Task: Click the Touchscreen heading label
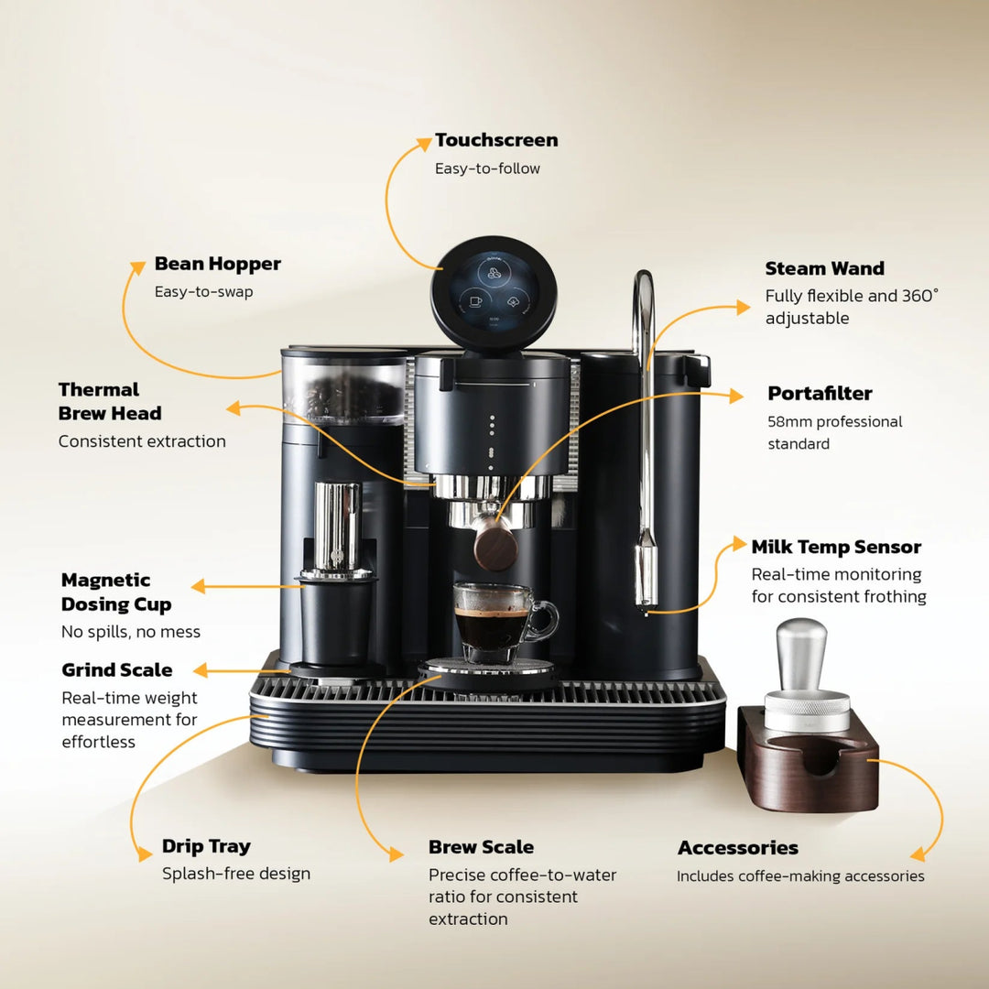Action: tap(496, 140)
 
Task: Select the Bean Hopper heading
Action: tap(217, 264)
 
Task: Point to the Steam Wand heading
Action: tap(824, 268)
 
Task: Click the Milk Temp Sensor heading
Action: tap(836, 547)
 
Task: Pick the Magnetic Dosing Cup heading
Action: tap(116, 592)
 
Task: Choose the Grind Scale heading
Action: tap(116, 669)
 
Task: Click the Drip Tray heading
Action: tap(206, 846)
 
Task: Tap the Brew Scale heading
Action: tap(481, 847)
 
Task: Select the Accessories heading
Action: tap(737, 848)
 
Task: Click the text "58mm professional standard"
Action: tap(834, 432)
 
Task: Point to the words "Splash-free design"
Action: tap(236, 874)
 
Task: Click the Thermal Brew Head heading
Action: tap(109, 401)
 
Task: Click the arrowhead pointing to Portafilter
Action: tap(737, 396)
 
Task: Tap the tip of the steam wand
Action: tap(647, 604)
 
